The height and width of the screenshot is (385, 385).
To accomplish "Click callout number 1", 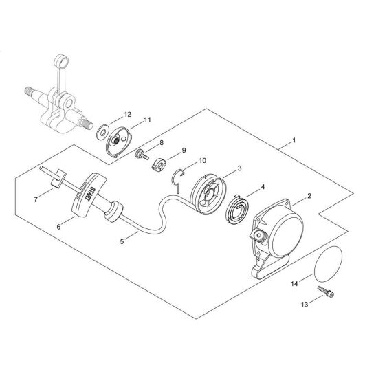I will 294,142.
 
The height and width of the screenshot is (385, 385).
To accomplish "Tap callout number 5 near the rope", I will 124,241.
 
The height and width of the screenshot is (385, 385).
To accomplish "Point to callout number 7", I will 36,200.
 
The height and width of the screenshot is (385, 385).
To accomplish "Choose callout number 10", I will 201,161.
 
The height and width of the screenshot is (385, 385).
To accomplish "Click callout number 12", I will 126,114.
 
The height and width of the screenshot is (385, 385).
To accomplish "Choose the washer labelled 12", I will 102,128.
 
